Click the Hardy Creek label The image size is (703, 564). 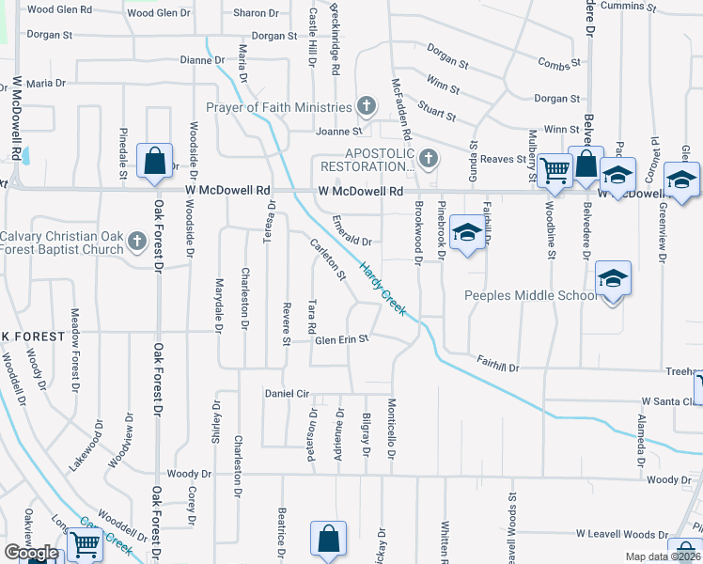[x=383, y=289]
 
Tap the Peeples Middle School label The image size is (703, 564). [x=531, y=295]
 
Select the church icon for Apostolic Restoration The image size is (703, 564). [x=429, y=158]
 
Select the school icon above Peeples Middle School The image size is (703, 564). [x=613, y=278]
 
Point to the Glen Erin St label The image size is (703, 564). [x=342, y=339]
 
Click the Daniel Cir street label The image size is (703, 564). [x=287, y=393]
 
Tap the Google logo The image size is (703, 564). [x=31, y=553]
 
